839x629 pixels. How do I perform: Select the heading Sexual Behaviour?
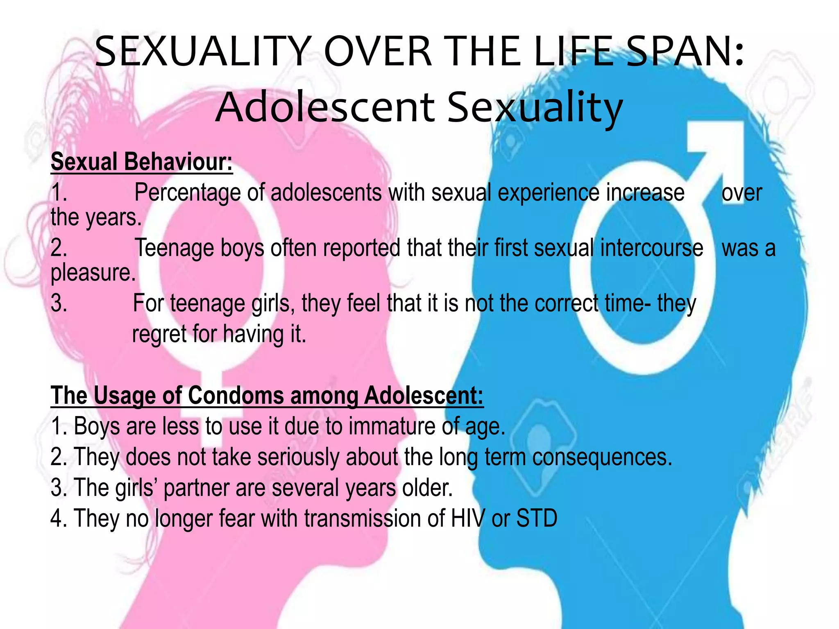pyautogui.click(x=141, y=162)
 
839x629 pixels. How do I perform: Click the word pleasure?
pyautogui.click(x=93, y=273)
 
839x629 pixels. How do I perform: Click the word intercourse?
pyautogui.click(x=652, y=249)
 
